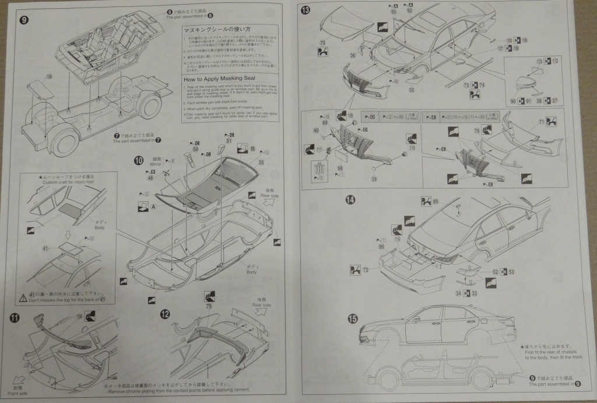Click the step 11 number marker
15,317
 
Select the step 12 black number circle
165,314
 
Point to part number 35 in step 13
412,89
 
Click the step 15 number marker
353,318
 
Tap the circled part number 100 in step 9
49,75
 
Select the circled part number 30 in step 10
261,163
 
